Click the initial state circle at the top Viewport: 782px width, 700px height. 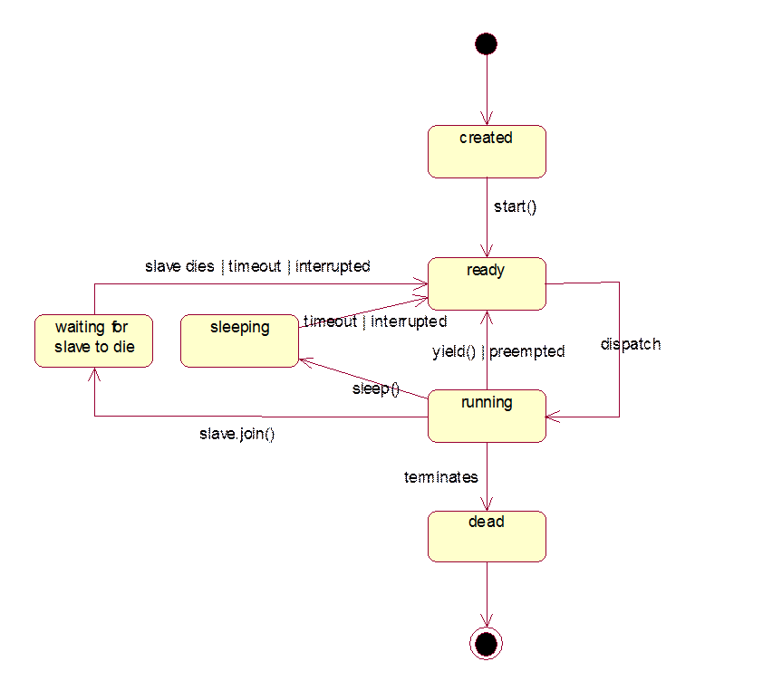click(x=487, y=43)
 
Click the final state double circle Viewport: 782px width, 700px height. click(x=487, y=642)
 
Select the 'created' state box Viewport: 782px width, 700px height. click(x=487, y=151)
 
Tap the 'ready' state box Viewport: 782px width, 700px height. click(x=487, y=283)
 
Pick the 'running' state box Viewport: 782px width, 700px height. click(x=487, y=416)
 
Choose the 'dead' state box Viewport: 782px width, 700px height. click(x=487, y=536)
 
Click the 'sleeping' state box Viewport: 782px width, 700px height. click(x=239, y=340)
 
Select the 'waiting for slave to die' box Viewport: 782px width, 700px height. click(x=93, y=340)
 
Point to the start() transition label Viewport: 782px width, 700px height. click(x=515, y=207)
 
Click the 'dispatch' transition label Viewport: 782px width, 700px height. click(x=631, y=344)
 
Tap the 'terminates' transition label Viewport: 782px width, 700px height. click(x=441, y=476)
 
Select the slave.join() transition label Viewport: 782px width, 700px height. click(x=237, y=434)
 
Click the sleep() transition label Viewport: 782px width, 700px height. click(x=375, y=389)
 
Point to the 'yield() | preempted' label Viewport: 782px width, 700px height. click(x=498, y=351)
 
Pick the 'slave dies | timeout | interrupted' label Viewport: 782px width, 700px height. click(x=257, y=267)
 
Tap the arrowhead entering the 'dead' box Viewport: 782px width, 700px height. click(x=487, y=507)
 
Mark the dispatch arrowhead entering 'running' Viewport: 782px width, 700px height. click(x=551, y=417)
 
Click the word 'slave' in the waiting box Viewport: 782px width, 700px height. click(x=72, y=347)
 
